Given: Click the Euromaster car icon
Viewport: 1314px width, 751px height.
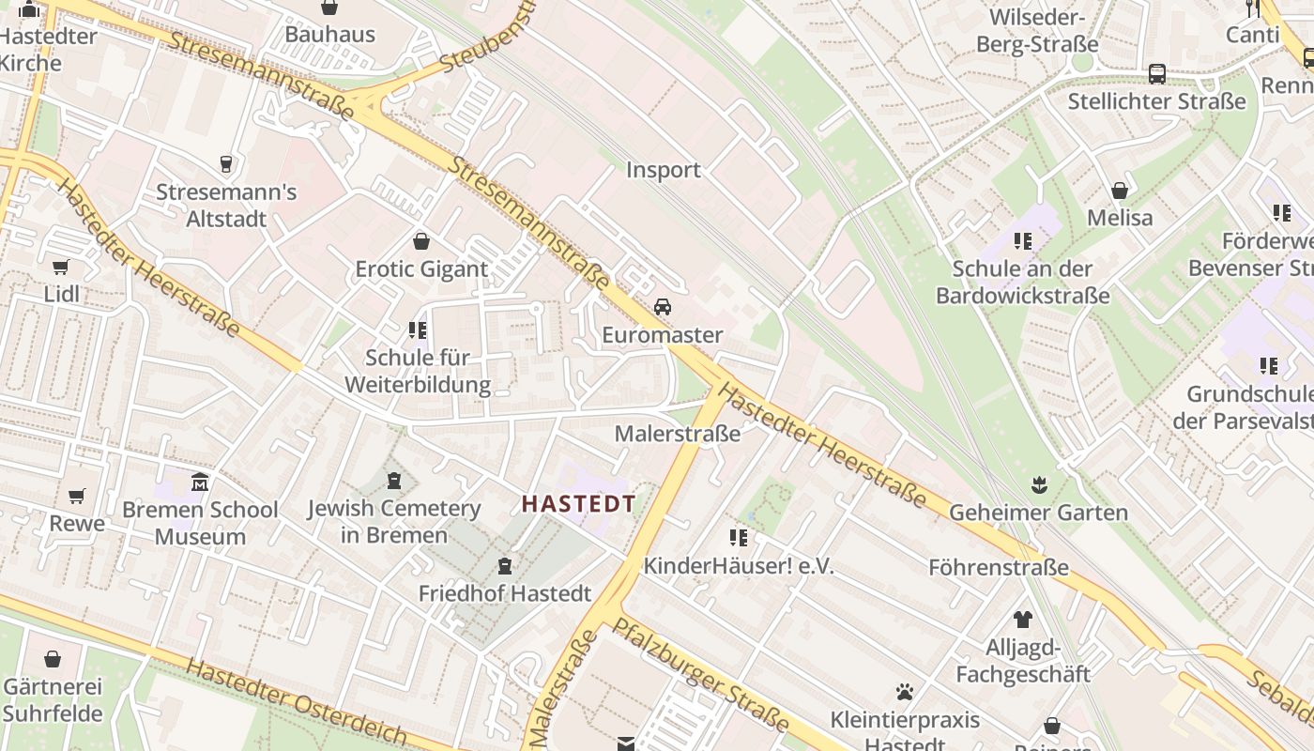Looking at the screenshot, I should pyautogui.click(x=663, y=307).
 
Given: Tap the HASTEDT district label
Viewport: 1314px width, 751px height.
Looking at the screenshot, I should pyautogui.click(x=578, y=503).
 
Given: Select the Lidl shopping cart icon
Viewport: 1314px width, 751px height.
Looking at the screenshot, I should pyautogui.click(x=61, y=267).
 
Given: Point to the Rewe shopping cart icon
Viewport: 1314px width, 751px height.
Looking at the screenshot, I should pyautogui.click(x=77, y=495).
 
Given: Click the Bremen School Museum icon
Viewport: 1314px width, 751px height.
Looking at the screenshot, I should pyautogui.click(x=200, y=483).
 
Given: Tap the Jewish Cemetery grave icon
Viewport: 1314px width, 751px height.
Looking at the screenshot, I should pyautogui.click(x=394, y=481).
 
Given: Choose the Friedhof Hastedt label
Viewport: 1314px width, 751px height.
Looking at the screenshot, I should pyautogui.click(x=505, y=593).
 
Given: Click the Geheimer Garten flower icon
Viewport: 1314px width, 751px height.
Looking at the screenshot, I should pyautogui.click(x=1039, y=485).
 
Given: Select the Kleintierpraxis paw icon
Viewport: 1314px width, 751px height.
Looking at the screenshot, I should pyautogui.click(x=905, y=693).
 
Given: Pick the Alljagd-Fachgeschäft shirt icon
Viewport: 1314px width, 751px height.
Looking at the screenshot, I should pyautogui.click(x=1022, y=620).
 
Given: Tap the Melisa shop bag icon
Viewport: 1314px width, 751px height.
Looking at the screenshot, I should pyautogui.click(x=1120, y=191).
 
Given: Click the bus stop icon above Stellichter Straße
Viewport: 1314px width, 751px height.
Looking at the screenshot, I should pyautogui.click(x=1157, y=73).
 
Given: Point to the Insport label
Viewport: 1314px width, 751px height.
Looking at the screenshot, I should pyautogui.click(x=664, y=170).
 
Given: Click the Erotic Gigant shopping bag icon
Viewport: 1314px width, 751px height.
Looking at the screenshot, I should pyautogui.click(x=421, y=241).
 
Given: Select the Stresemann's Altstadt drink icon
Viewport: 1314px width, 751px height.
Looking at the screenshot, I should pyautogui.click(x=225, y=164).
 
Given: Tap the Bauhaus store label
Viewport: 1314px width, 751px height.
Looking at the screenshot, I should pyautogui.click(x=329, y=35).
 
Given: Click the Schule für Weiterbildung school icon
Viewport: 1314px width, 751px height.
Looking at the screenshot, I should pyautogui.click(x=418, y=330).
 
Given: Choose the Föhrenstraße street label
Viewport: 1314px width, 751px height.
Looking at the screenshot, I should pyautogui.click(x=999, y=567).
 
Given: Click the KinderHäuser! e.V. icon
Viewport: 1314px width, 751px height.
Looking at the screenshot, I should pyautogui.click(x=739, y=538).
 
